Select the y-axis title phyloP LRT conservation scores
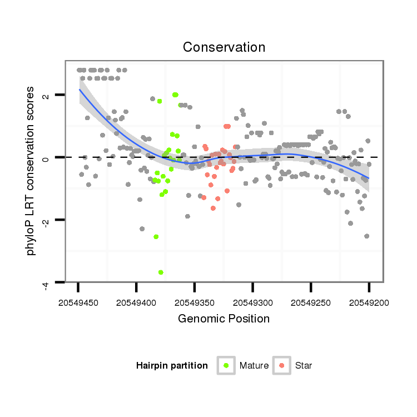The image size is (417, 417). point(31,171)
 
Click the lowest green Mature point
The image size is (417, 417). point(161,272)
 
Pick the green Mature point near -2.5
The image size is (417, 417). point(156,237)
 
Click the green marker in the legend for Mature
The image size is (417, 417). point(226,365)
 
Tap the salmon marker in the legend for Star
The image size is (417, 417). point(282,365)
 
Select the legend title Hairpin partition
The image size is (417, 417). point(172,366)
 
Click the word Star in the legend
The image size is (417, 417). point(304,366)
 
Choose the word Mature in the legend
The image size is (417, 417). point(254,366)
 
